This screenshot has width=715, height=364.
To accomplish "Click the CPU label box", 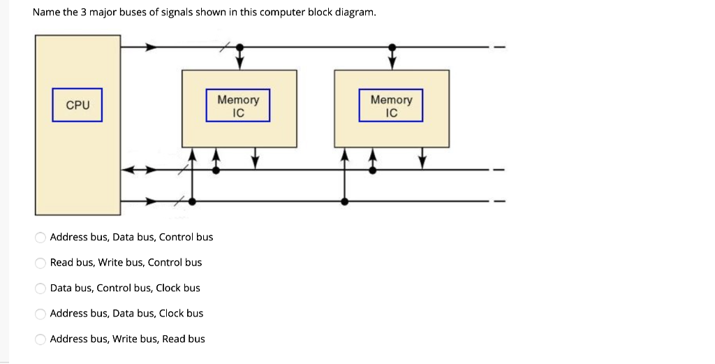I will pos(77,105).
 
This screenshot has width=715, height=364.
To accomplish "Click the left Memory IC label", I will pos(237,105).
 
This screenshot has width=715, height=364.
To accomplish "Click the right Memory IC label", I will pos(391,105).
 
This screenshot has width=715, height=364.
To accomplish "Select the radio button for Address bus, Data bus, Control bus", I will pos(40,238).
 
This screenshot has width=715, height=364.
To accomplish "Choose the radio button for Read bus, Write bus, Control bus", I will pos(40,263).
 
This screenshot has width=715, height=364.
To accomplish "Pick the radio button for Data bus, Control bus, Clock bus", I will pos(40,289).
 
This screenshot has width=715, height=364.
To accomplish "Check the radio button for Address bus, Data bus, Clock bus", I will pos(40,314).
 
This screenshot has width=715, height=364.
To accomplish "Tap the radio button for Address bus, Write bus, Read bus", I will pos(40,340).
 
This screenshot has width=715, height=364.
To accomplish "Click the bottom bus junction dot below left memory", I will pos(192,201).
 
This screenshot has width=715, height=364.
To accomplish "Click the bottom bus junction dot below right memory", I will pos(345,201).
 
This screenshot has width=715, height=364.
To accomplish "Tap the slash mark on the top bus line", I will pos(223,48).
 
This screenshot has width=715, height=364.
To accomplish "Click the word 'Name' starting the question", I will pos(45,13).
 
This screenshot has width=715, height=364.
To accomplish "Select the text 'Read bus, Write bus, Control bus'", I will pos(126,263).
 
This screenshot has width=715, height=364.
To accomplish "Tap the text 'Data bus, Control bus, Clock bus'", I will pos(125,289).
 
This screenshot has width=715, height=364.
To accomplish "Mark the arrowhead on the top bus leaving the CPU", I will pos(151,48).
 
